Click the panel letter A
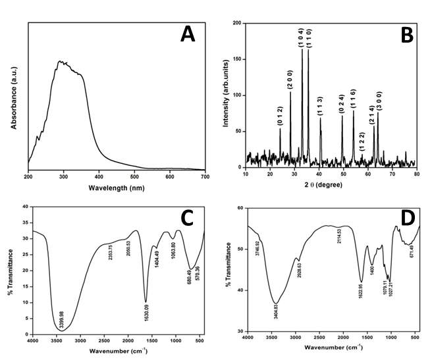pyautogui.click(x=188, y=36)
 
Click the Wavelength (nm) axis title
pyautogui.click(x=117, y=188)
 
